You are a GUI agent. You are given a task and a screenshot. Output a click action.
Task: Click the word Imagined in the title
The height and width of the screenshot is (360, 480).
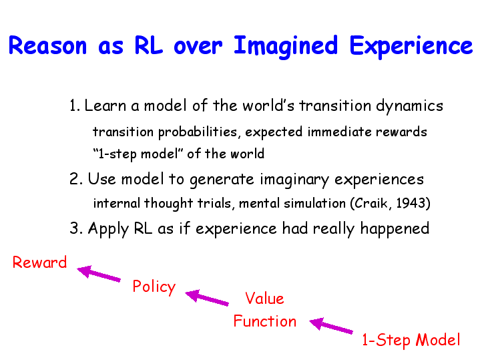tap(286, 47)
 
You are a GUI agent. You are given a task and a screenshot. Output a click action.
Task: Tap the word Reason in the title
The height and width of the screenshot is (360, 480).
tap(48, 45)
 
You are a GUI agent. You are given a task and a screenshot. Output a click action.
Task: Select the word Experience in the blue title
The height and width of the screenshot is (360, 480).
tap(411, 47)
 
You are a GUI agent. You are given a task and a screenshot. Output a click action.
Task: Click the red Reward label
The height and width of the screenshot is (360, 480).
tap(39, 262)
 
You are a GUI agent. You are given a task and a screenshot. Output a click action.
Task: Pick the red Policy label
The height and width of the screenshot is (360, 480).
tap(154, 287)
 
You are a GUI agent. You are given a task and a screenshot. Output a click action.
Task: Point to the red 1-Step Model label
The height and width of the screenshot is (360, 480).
tap(411, 340)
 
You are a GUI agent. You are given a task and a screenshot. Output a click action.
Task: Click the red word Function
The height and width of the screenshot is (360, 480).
tap(265, 321)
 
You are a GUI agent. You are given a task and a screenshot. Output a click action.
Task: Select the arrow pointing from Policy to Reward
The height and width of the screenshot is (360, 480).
tap(99, 273)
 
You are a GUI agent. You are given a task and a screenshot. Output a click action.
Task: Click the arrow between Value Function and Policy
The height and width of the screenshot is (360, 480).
tap(207, 297)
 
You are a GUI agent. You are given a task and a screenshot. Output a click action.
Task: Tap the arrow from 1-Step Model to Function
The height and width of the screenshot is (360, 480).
tap(331, 325)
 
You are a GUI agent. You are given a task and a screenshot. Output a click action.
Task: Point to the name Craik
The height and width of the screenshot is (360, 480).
tap(371, 203)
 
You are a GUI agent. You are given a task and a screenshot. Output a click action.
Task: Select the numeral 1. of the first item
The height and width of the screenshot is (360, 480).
tap(75, 106)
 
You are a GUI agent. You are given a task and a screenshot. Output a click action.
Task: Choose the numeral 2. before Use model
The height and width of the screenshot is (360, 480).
tap(76, 179)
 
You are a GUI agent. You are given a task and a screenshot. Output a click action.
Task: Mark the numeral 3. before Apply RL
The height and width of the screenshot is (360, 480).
tap(76, 228)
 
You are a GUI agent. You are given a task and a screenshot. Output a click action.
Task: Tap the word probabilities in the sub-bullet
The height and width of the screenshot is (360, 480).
tap(198, 132)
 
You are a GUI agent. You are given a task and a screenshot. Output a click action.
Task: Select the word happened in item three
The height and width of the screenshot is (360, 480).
tap(395, 229)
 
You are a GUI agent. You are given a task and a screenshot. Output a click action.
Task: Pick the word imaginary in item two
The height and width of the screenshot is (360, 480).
tap(294, 180)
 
